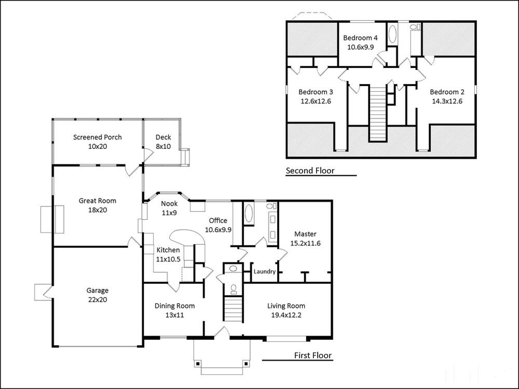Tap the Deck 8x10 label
tap(163, 142)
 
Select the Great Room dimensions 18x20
tap(98, 210)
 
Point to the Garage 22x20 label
tap(98, 295)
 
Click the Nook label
tap(169, 203)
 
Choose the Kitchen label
tap(168, 250)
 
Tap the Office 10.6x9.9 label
tap(218, 225)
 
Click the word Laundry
tap(265, 272)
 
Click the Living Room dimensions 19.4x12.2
tap(286, 315)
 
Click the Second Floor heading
tap(310, 171)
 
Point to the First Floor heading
tap(313, 355)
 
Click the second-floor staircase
tap(378, 113)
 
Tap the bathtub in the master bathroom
tap(249, 214)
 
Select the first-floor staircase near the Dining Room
tap(234, 309)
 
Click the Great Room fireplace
tap(52, 219)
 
